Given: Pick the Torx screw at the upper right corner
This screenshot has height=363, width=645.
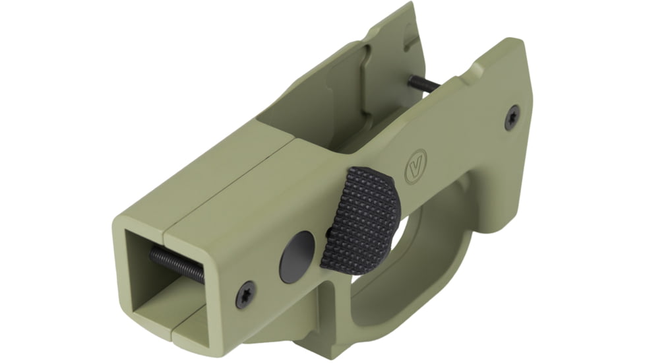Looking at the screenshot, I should tap(512, 117).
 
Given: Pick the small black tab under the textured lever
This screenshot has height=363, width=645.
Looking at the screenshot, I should tap(329, 232).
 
